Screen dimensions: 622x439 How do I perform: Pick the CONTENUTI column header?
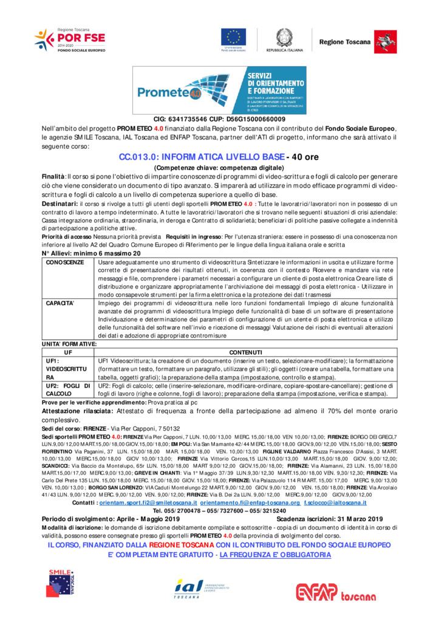(245, 352)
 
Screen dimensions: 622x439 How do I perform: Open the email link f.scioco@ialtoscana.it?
(335, 502)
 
